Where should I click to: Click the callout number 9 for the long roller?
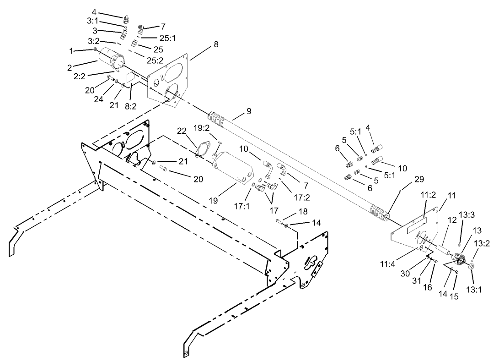(x=249, y=111)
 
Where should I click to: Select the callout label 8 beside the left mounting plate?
(x=215, y=44)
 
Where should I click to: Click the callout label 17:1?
(x=242, y=206)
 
